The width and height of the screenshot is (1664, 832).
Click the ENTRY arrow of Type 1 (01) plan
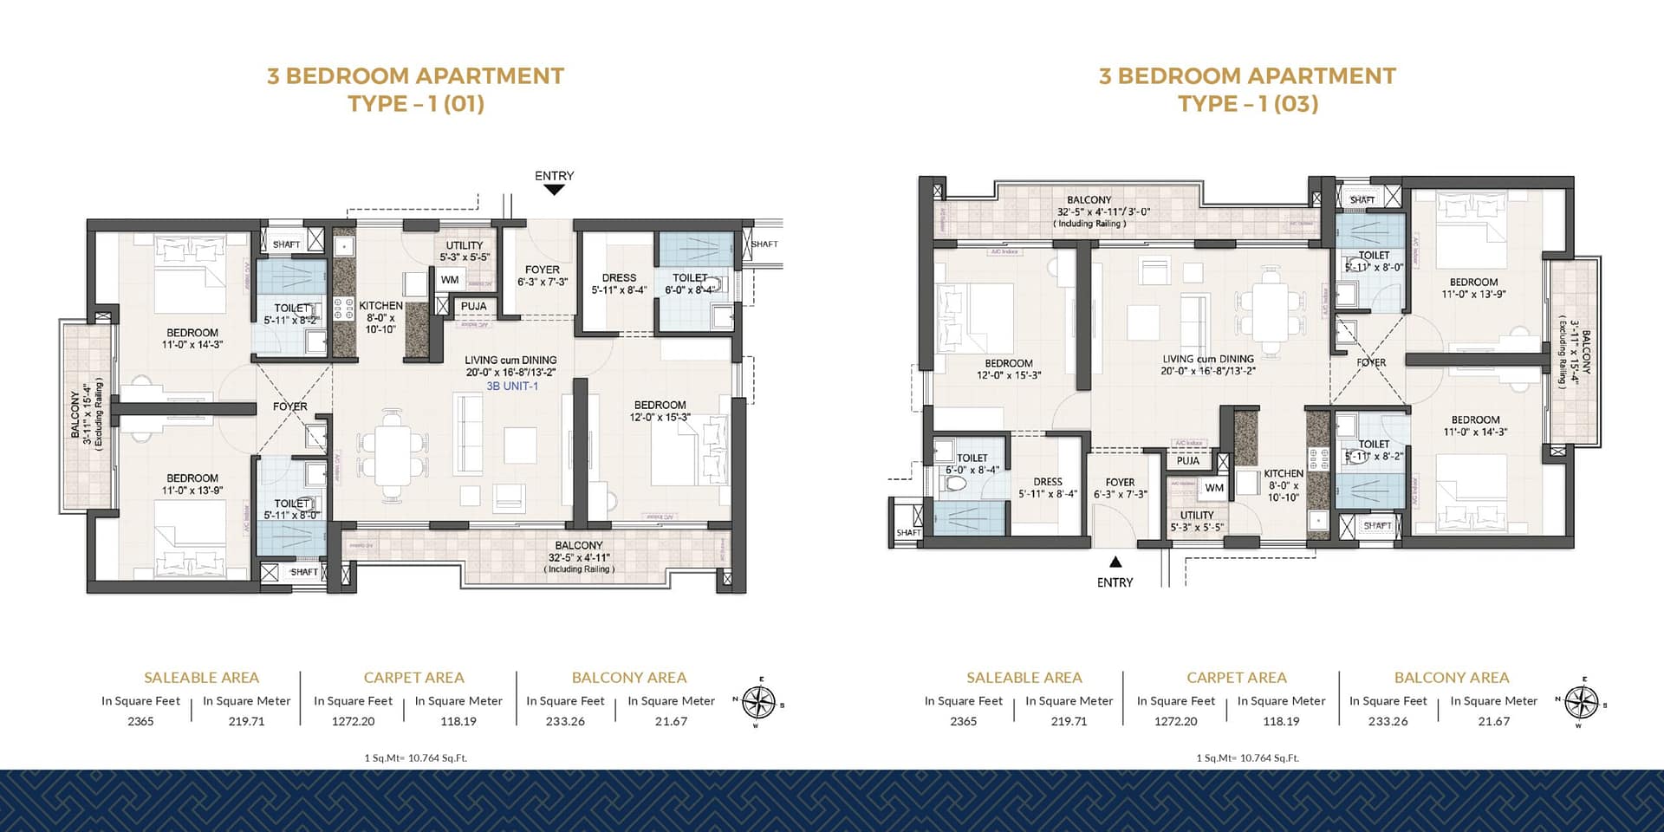pos(554,190)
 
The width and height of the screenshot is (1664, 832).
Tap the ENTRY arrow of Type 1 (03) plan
pos(1115,562)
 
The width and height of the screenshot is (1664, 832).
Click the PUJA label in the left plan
pos(473,306)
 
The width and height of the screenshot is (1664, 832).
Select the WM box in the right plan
pos(1214,488)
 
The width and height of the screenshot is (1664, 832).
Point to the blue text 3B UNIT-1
pos(511,386)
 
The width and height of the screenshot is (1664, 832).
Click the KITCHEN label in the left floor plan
pos(380,306)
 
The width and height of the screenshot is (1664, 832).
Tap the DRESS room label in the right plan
pos(1047,482)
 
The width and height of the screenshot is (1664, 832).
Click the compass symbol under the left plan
pos(760,702)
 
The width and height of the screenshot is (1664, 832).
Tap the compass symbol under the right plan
pos(1583,702)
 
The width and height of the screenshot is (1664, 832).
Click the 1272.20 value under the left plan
pos(353,721)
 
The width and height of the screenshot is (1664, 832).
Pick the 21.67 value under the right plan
pos(1493,721)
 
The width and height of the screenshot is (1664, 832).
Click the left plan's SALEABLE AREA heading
pos(201,678)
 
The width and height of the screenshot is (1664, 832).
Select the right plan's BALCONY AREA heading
pos(1451,678)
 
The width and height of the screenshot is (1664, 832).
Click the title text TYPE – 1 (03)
pos(1247,104)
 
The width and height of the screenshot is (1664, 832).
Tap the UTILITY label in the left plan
pos(464,245)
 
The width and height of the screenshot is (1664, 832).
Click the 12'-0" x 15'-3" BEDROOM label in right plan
pos(1008,369)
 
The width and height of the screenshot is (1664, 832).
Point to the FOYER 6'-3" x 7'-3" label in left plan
pos(542,276)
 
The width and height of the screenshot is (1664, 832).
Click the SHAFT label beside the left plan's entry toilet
pos(764,244)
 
